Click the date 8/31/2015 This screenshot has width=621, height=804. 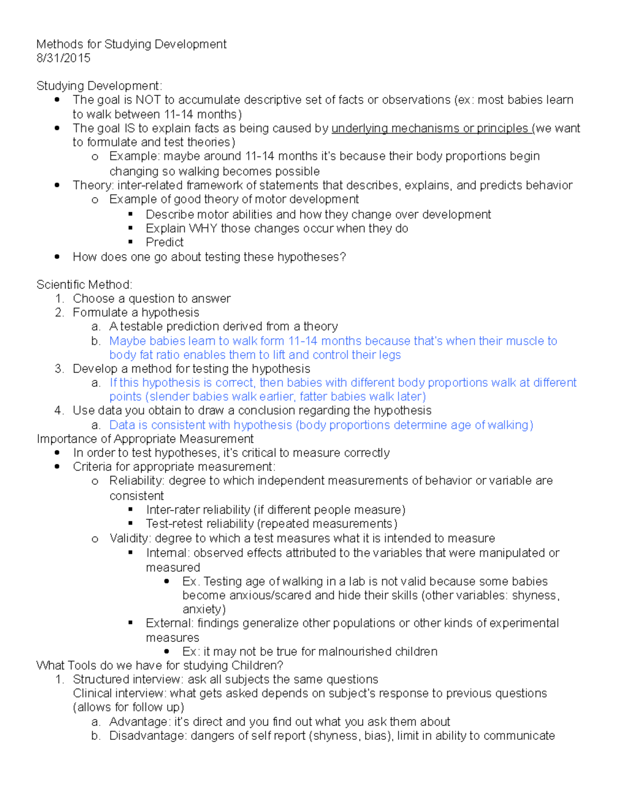[x=63, y=58]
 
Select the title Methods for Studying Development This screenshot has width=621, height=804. [x=131, y=44]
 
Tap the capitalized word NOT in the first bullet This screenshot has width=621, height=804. [x=148, y=100]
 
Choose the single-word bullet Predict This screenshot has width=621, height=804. [x=165, y=242]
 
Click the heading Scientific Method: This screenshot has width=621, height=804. [x=84, y=284]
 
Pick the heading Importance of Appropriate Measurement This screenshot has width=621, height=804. [x=145, y=438]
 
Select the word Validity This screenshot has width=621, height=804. [x=130, y=538]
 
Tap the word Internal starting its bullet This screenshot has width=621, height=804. [x=167, y=553]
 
